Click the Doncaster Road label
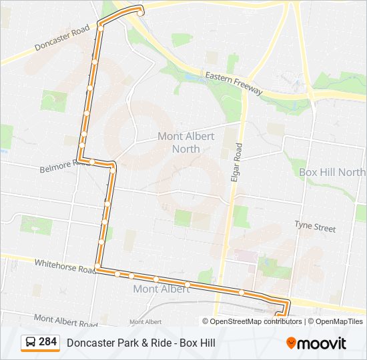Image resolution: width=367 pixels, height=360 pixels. [62, 39]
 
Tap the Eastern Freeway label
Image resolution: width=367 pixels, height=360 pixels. [234, 83]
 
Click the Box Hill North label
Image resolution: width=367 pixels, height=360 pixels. [332, 172]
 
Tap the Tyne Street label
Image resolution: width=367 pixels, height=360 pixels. [315, 227]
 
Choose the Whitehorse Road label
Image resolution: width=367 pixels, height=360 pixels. [66, 266]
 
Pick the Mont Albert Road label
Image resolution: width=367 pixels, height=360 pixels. [65, 321]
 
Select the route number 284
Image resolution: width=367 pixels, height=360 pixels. [48, 342]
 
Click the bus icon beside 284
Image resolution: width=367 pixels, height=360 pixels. [31, 343]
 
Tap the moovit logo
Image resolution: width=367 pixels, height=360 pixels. [316, 343]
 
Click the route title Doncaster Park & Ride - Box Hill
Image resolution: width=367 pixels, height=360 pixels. [141, 343]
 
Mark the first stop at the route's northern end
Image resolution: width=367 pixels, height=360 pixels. [140, 11]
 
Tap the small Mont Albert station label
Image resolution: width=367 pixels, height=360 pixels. [145, 321]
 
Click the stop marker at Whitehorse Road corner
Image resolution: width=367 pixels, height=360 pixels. [98, 267]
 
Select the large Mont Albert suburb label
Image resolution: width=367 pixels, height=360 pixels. [161, 289]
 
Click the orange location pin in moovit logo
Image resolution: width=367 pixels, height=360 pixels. [292, 343]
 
